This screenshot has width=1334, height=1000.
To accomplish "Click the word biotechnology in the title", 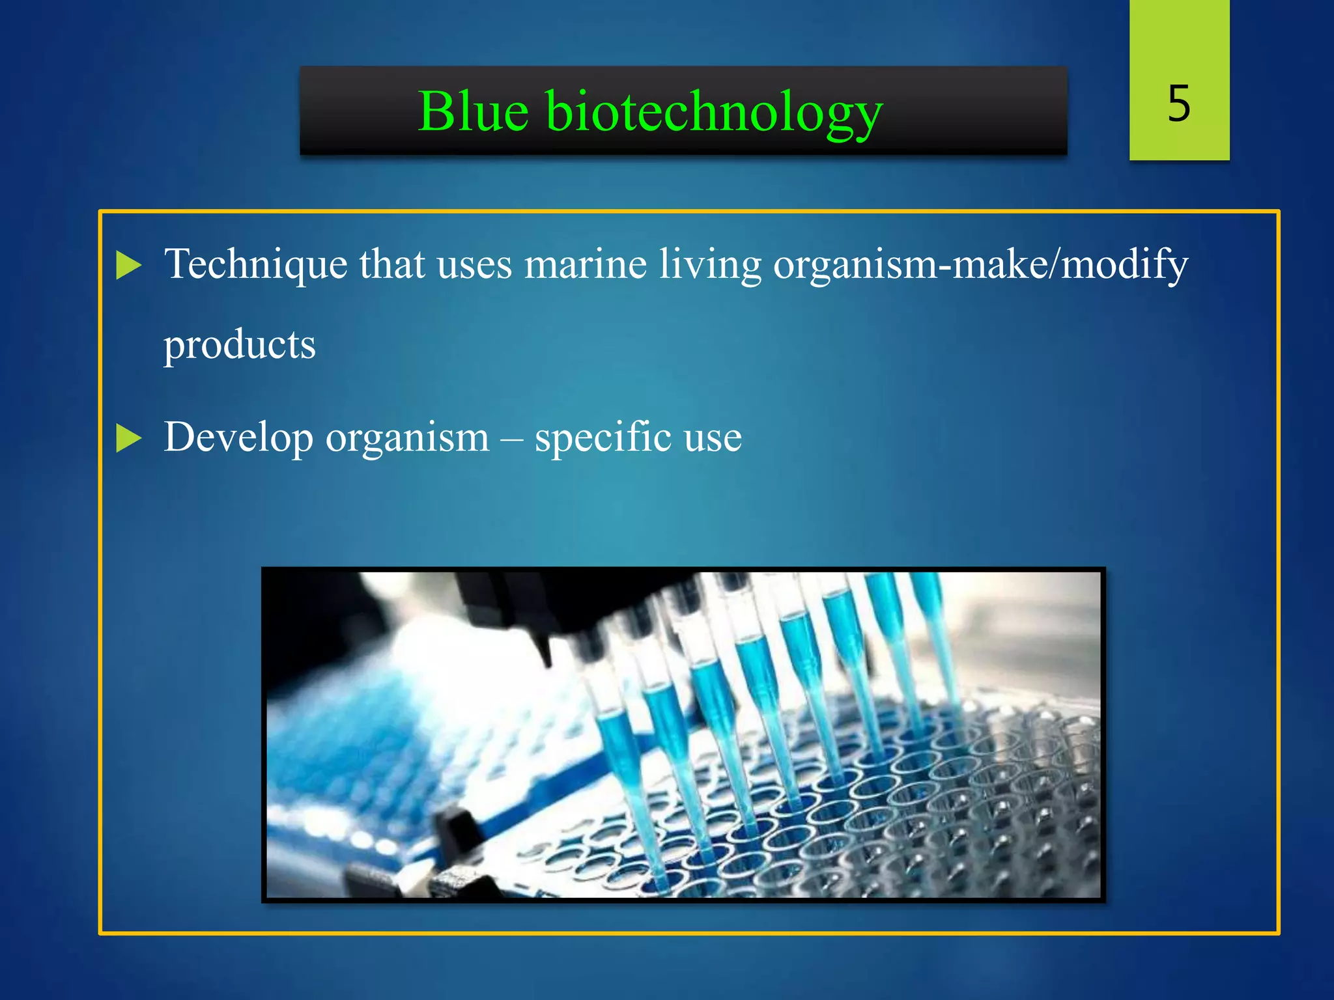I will coord(714,112).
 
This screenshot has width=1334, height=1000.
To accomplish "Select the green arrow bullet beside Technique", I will coord(128,266).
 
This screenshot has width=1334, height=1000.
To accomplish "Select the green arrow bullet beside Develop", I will coord(128,437).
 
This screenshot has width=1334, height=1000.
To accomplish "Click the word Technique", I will coord(255,264).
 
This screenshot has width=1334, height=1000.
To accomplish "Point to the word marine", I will coord(585,264).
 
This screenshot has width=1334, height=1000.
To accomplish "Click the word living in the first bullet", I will coord(710,264).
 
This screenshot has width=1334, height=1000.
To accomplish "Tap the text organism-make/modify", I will coord(980,264).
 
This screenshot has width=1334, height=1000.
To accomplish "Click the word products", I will coord(239,345).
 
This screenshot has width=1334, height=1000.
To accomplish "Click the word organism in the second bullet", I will coord(407,437).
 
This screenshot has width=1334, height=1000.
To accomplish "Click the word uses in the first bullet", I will coord(474,264).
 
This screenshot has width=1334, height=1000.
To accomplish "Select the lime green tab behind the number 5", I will coord(1179,39).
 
